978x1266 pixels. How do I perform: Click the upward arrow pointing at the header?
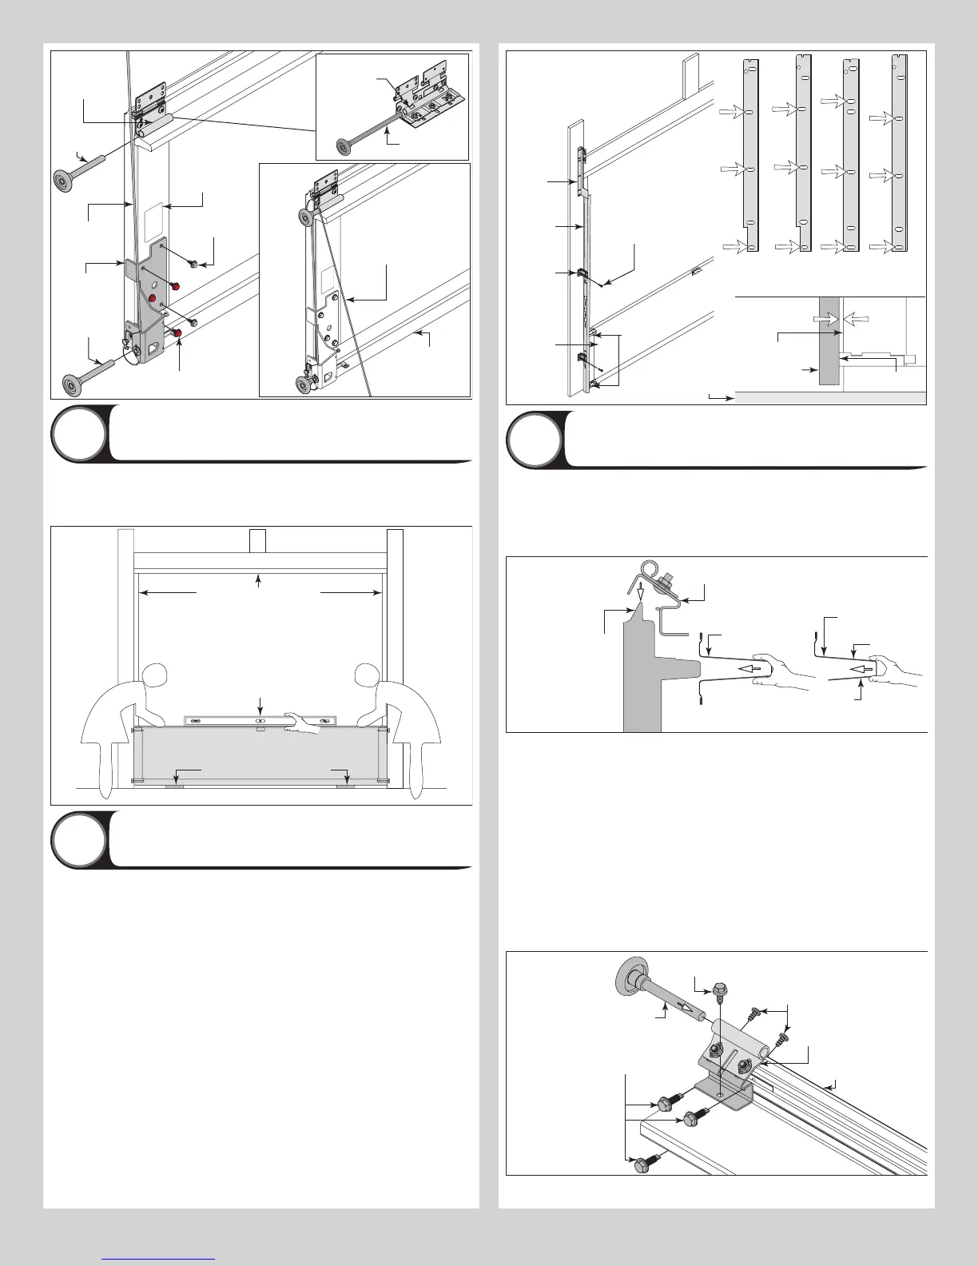258,579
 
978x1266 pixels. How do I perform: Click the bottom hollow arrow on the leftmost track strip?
734,247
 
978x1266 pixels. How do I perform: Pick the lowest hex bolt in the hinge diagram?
642,1166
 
